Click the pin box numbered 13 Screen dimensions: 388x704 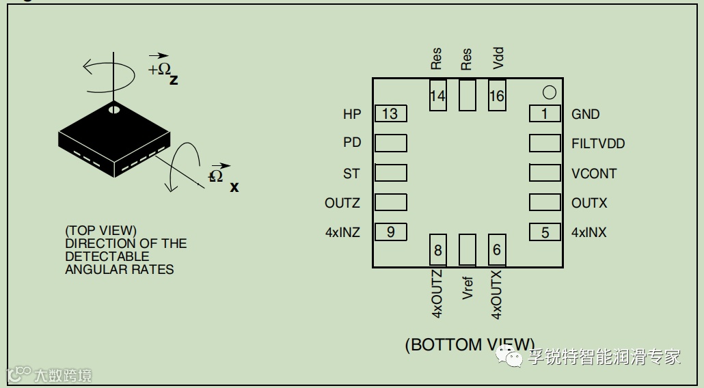coord(390,114)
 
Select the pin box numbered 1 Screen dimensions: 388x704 coord(545,114)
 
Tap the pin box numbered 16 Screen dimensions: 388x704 coord(497,96)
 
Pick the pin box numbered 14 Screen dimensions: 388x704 coord(437,96)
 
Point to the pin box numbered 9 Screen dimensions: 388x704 coord(390,232)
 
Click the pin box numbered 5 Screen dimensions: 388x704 coord(545,232)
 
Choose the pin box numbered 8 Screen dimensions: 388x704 coord(438,250)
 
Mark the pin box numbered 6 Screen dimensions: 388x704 coord(497,250)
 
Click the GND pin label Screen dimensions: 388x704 coord(585,114)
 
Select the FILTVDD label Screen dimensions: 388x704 coord(598,143)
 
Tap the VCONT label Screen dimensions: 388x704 coord(594,174)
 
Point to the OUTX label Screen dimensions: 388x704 coord(589,203)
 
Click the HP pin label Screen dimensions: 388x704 coord(352,114)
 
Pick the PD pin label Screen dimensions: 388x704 coord(352,143)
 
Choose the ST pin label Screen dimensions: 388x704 coord(351,174)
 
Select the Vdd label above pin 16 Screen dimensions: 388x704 coord(498,58)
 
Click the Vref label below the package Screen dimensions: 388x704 coord(468,288)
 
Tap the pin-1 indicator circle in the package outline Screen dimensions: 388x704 coord(549,92)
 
